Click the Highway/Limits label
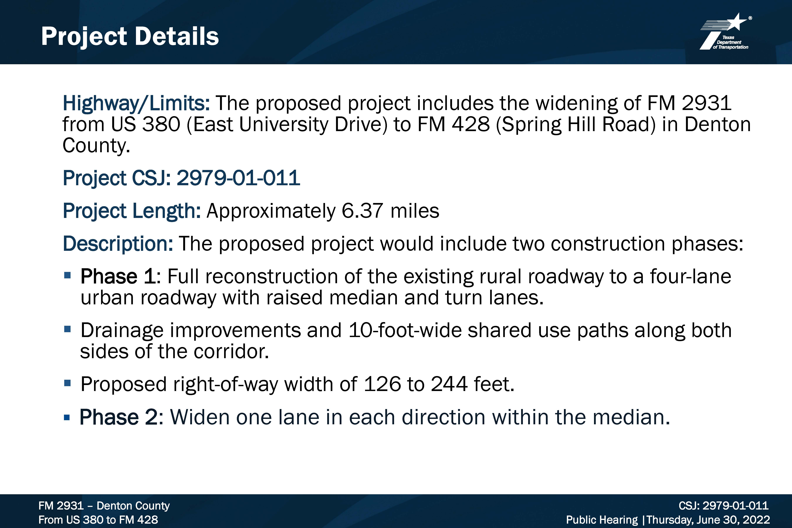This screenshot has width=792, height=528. (x=136, y=103)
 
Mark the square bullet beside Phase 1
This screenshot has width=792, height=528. (x=67, y=275)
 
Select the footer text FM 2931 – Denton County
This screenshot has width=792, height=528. (x=104, y=506)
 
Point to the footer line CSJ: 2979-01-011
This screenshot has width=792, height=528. (x=723, y=506)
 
